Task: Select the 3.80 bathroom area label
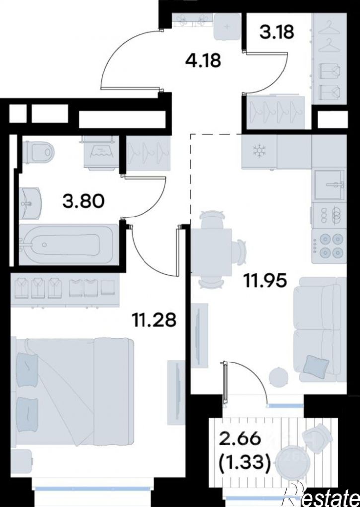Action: click(83, 201)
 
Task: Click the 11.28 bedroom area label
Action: click(154, 320)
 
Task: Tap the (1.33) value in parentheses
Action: click(244, 463)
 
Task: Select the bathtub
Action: click(68, 245)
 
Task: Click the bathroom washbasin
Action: click(30, 204)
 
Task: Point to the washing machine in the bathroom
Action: click(101, 152)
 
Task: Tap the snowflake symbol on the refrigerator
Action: click(259, 151)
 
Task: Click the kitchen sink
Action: click(329, 184)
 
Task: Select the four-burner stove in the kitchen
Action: click(329, 246)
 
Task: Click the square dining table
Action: click(212, 248)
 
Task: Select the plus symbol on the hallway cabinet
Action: click(227, 26)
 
